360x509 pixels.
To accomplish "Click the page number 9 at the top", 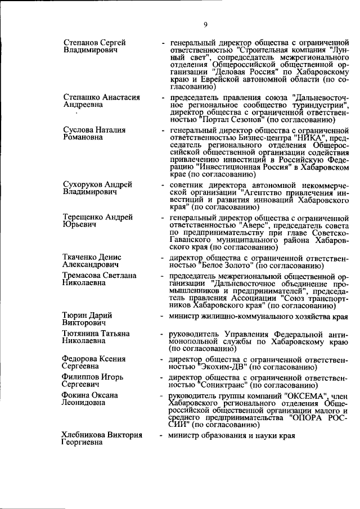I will tap(206, 24).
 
